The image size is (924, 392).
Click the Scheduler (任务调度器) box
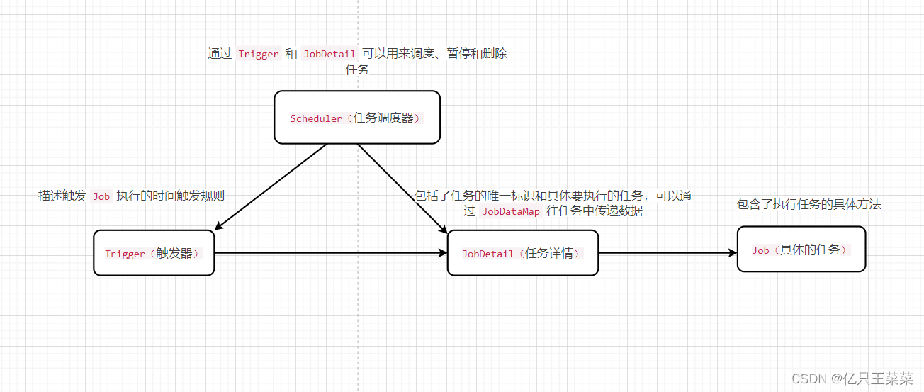pos(357,117)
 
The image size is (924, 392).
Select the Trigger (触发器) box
pos(154,253)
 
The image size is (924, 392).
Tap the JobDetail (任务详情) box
pos(522,253)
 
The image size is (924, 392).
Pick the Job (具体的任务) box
pos(801,250)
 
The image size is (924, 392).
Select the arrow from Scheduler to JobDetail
pos(400,187)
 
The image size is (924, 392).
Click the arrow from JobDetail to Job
pos(666,253)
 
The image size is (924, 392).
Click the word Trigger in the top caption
pos(258,54)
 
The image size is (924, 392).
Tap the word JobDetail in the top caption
pos(329,54)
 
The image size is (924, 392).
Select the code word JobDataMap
pos(510,211)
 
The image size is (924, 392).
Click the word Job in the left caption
pos(101,196)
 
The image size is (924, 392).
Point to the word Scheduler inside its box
pos(316,118)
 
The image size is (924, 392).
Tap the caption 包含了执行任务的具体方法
pos(809,204)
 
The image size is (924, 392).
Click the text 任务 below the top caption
pos(357,69)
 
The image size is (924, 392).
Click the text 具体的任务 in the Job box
pos(811,250)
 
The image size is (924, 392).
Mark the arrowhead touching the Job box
pos(732,253)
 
